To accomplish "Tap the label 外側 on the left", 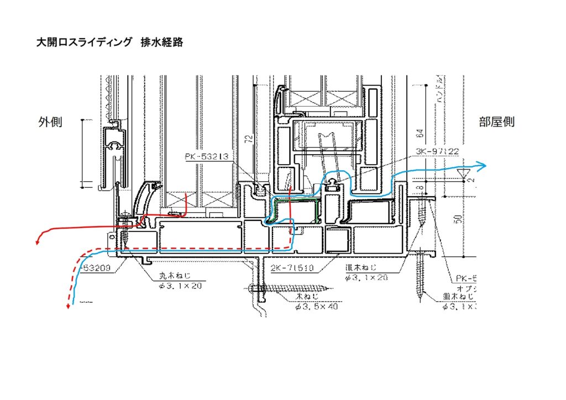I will (50, 122).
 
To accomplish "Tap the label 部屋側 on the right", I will (496, 122).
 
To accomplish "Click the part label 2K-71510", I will (292, 269).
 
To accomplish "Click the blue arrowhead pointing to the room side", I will (483, 166).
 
